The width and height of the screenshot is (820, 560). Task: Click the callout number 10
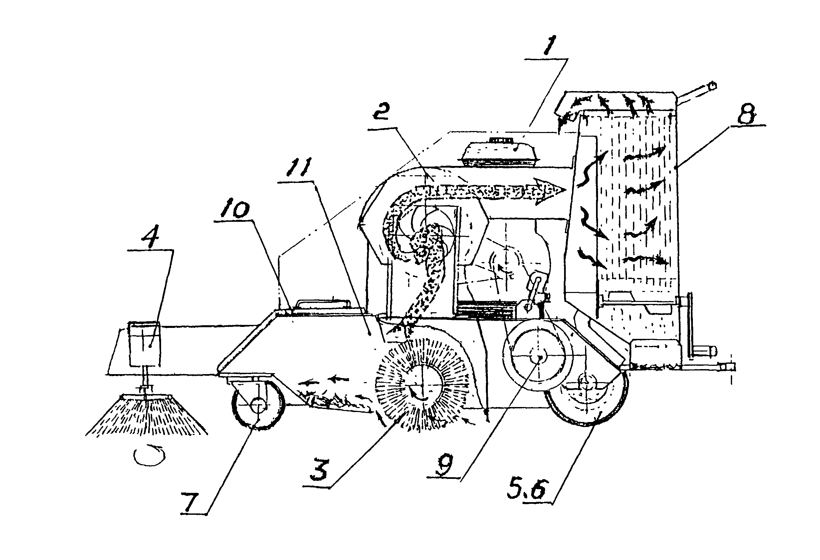pos(235,210)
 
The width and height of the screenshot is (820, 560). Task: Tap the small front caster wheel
pos(258,404)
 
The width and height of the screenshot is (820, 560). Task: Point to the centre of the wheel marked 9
pos(539,357)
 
